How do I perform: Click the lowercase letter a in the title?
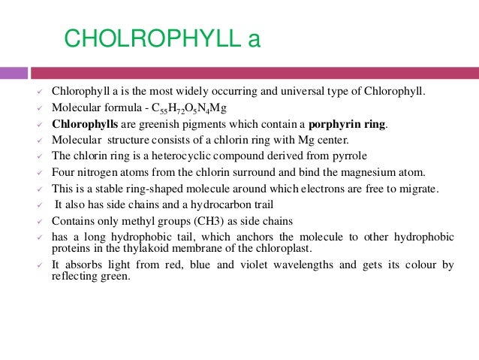coord(254,39)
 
